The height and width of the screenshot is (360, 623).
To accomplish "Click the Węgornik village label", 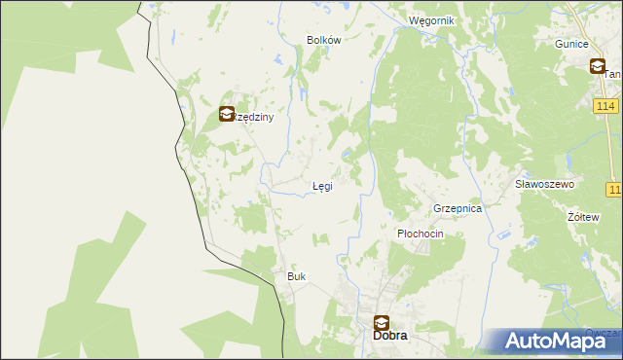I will click(x=431, y=20).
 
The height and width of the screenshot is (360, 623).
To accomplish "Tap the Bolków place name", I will click(x=323, y=40).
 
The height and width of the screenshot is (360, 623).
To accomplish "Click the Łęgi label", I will click(x=322, y=186).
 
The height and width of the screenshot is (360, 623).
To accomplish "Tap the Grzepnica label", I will click(x=458, y=208).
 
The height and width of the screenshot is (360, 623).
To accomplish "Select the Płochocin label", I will click(x=421, y=234).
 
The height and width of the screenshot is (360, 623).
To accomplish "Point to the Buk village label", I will click(x=296, y=276).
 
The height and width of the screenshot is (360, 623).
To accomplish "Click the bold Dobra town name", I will click(x=390, y=337).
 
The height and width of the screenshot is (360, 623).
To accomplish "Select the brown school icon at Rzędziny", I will click(x=227, y=114).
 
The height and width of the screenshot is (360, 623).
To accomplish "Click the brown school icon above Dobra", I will click(x=382, y=322).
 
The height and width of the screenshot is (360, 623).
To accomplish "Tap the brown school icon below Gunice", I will click(x=597, y=66).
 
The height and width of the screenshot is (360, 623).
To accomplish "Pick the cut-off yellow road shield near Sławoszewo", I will click(x=614, y=189).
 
